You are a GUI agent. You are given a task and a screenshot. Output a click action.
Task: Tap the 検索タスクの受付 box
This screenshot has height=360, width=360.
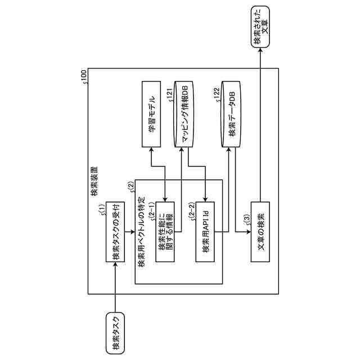pos(116,232)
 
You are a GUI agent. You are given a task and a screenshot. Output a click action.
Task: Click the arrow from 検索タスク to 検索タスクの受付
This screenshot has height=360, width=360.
pos(115,287)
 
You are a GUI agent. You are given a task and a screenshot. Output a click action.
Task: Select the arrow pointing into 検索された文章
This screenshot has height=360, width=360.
pos(260,112)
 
